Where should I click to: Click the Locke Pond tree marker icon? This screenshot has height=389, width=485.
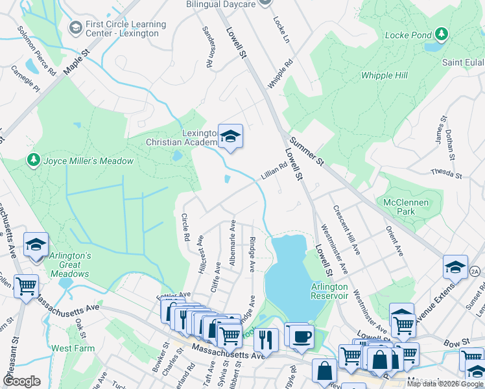(442, 34)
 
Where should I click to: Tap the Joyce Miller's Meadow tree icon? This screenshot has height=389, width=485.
(33, 159)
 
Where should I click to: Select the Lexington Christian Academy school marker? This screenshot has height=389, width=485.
(230, 137)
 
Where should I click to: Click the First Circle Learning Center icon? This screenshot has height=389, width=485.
(75, 28)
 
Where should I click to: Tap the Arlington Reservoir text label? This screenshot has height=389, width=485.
(330, 292)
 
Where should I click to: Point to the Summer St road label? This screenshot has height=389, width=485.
(307, 151)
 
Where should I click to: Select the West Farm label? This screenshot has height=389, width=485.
(73, 348)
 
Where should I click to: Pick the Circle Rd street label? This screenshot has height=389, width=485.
(185, 228)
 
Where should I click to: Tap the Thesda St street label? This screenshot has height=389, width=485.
(446, 174)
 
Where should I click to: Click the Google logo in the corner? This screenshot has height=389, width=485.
(21, 381)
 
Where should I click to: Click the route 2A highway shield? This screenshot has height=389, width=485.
(475, 271)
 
